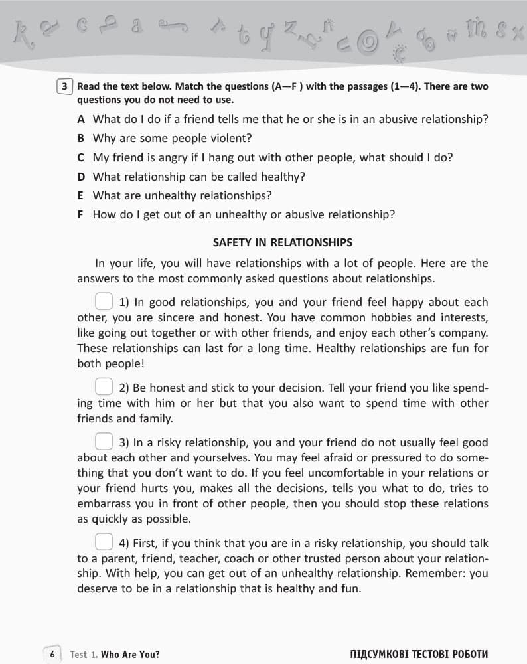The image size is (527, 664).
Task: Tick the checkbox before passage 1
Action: click(x=104, y=301)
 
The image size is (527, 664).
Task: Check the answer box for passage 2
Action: click(x=104, y=386)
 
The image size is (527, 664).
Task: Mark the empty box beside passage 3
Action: click(x=104, y=441)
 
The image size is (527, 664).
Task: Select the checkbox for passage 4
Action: click(x=104, y=542)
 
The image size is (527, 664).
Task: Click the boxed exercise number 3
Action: click(x=64, y=86)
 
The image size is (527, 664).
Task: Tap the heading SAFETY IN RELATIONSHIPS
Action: click(x=282, y=242)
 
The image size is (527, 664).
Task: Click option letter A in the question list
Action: click(x=81, y=120)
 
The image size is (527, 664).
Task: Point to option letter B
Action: click(x=81, y=139)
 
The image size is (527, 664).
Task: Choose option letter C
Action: click(x=81, y=158)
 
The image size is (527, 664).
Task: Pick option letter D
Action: click(x=81, y=177)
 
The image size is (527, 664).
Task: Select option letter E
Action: click(x=81, y=196)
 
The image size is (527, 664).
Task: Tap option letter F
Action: click(x=81, y=215)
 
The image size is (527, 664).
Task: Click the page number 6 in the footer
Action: click(x=52, y=654)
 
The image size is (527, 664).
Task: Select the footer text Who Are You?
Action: click(x=130, y=655)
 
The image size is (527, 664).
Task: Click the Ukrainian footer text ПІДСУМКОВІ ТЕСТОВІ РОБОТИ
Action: click(x=419, y=655)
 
